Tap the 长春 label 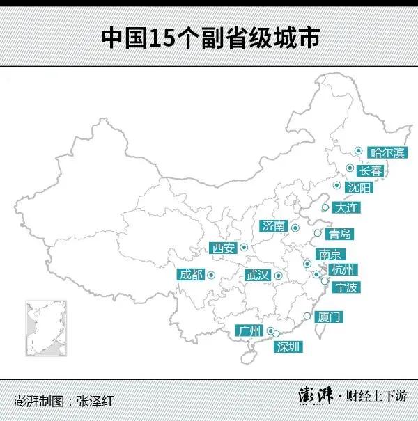[x=369, y=170]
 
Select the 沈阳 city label [x=359, y=188]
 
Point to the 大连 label [x=347, y=207]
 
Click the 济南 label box [x=274, y=225]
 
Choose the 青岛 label [x=341, y=234]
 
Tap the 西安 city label [x=224, y=248]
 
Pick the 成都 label [x=191, y=274]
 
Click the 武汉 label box [x=257, y=275]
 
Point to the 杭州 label [x=343, y=269]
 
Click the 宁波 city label [x=346, y=287]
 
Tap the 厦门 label [x=329, y=317]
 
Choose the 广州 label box [x=248, y=330]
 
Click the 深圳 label [x=288, y=346]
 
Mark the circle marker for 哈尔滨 [x=358, y=150]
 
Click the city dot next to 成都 [x=210, y=274]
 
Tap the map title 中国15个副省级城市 [x=209, y=38]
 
